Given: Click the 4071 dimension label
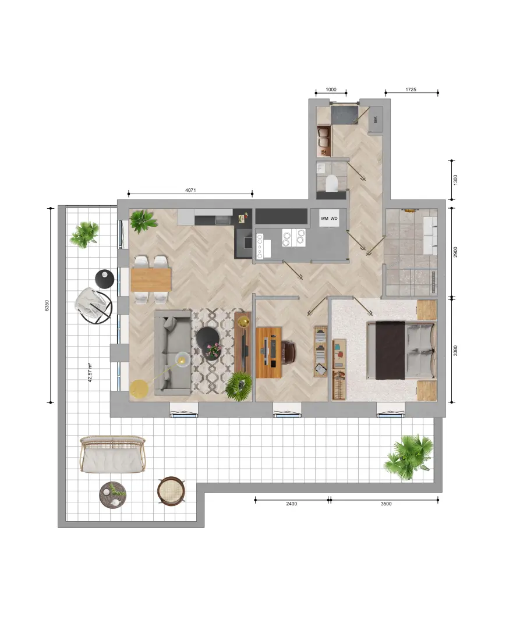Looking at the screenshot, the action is tap(190, 190).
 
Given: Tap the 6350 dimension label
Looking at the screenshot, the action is tap(47, 305).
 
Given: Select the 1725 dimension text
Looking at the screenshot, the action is tap(411, 90).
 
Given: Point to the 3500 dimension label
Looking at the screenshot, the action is tap(386, 504).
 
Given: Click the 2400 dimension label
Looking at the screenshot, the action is tap(291, 504).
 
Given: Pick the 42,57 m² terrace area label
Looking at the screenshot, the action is tap(90, 373).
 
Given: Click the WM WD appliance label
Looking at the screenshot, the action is tap(329, 218).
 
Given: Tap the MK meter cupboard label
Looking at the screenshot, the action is tap(375, 119).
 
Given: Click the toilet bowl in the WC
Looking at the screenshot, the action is tap(331, 183).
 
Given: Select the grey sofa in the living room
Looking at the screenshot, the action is tap(172, 353).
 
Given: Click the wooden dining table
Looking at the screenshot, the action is tap(151, 280).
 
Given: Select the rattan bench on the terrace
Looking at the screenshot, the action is tap(112, 454).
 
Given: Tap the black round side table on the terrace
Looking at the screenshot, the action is tap(105, 279).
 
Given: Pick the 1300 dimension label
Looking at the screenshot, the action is tap(455, 180).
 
